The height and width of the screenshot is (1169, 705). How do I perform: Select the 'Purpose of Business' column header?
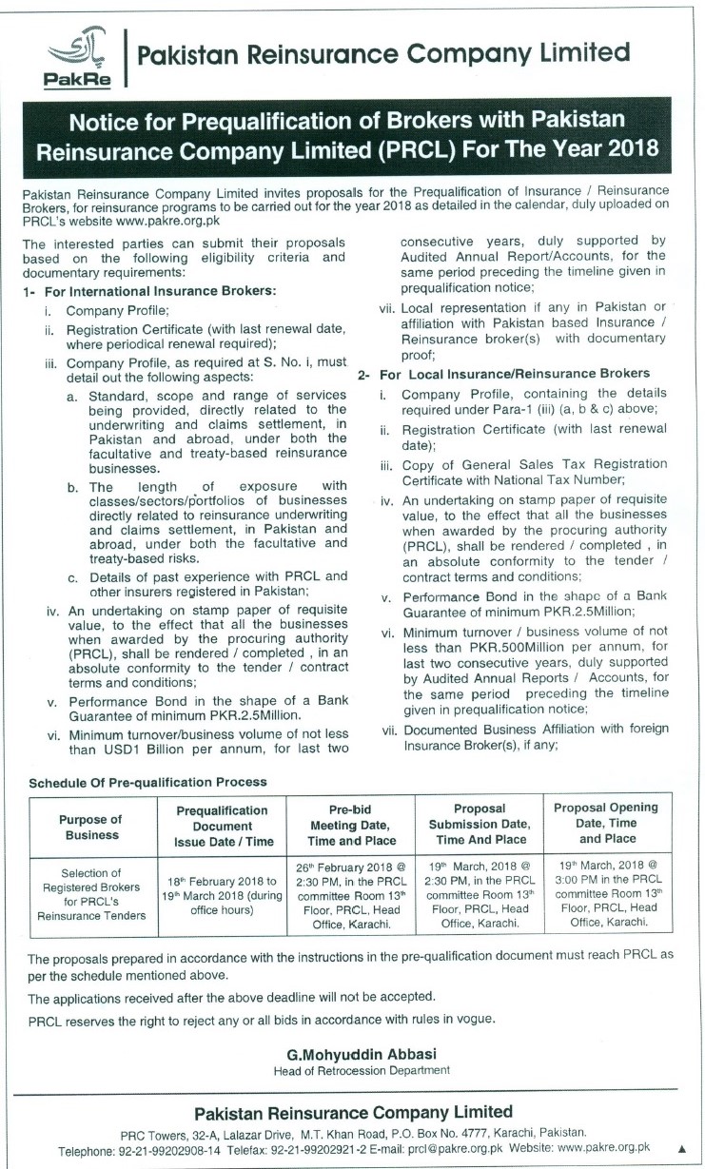click(92, 827)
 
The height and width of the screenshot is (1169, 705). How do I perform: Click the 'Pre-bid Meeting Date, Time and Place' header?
click(352, 826)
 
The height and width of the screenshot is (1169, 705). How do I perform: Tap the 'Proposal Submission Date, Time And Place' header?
click(478, 826)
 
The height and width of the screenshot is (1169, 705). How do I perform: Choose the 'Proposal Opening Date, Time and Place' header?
click(605, 823)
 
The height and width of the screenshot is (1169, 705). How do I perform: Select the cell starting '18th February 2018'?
click(224, 896)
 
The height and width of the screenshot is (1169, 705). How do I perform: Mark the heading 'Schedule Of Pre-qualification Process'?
click(147, 781)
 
